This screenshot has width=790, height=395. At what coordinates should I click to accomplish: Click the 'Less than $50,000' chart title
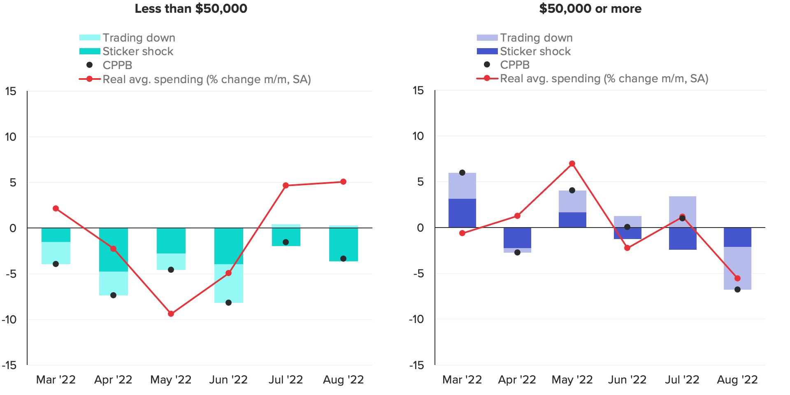[191, 9]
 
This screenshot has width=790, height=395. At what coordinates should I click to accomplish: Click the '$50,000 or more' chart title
[590, 9]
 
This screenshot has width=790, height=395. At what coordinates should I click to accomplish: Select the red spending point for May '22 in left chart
[171, 314]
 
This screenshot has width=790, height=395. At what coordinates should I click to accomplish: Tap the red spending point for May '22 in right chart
[572, 164]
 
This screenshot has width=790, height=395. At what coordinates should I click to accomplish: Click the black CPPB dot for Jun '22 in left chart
[228, 303]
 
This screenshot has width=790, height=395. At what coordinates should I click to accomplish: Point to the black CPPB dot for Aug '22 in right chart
[737, 290]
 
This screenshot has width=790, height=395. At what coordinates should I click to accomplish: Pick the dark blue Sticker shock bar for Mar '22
[462, 213]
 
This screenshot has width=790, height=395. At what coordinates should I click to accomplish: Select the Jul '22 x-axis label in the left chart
[286, 380]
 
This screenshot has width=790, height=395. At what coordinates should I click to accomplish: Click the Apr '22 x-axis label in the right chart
[517, 380]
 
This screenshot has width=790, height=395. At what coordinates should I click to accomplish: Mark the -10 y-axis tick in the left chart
[10, 320]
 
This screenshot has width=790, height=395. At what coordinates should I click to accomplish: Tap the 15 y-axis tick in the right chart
[418, 91]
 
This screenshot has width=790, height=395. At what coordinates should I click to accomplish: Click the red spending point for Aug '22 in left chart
[343, 182]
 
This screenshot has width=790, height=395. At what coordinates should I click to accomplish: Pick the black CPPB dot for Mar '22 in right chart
[462, 173]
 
